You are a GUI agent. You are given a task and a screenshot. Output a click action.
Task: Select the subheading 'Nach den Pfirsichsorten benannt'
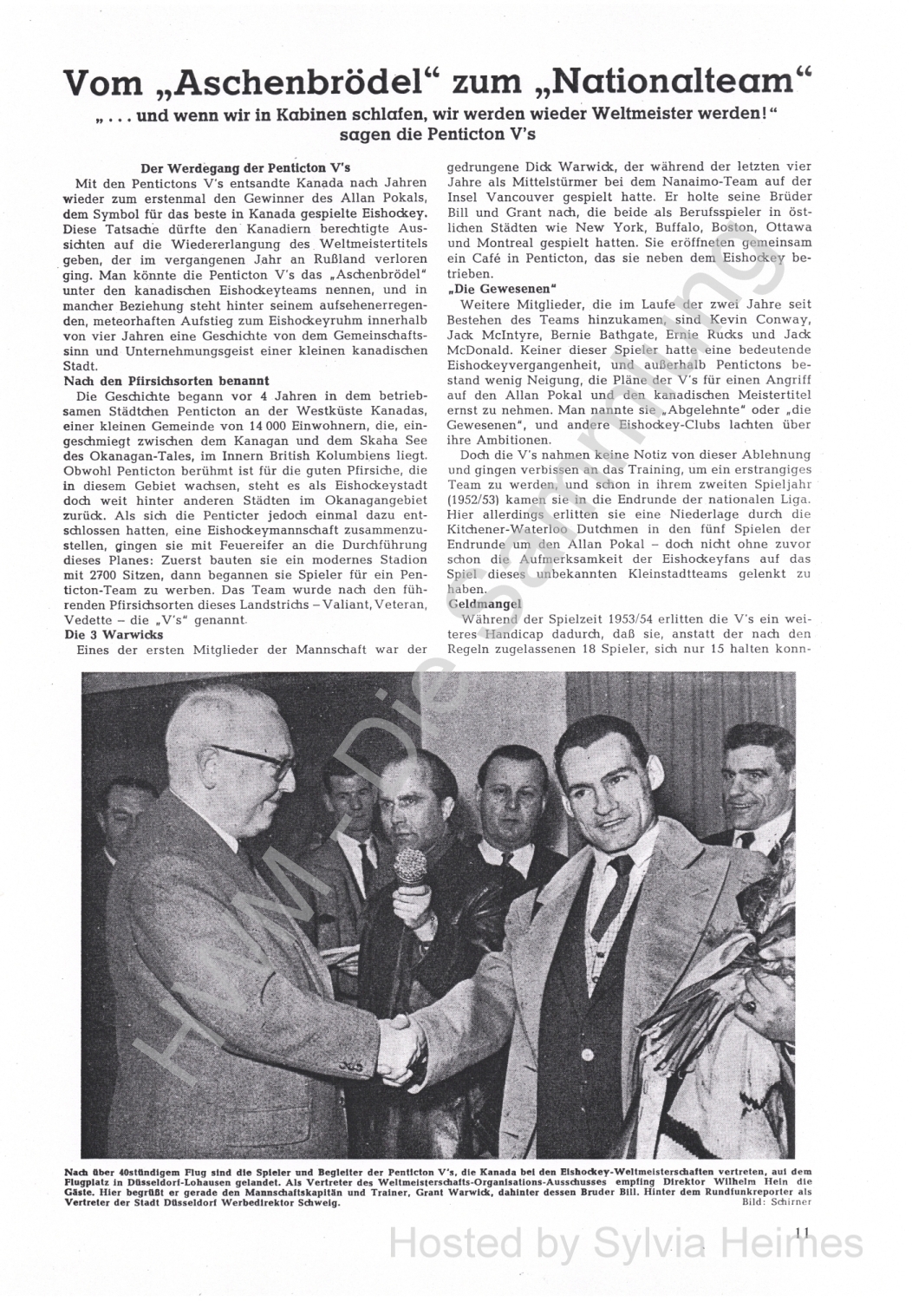(167, 381)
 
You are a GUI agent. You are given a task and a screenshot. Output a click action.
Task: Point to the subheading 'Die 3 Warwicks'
(114, 635)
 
